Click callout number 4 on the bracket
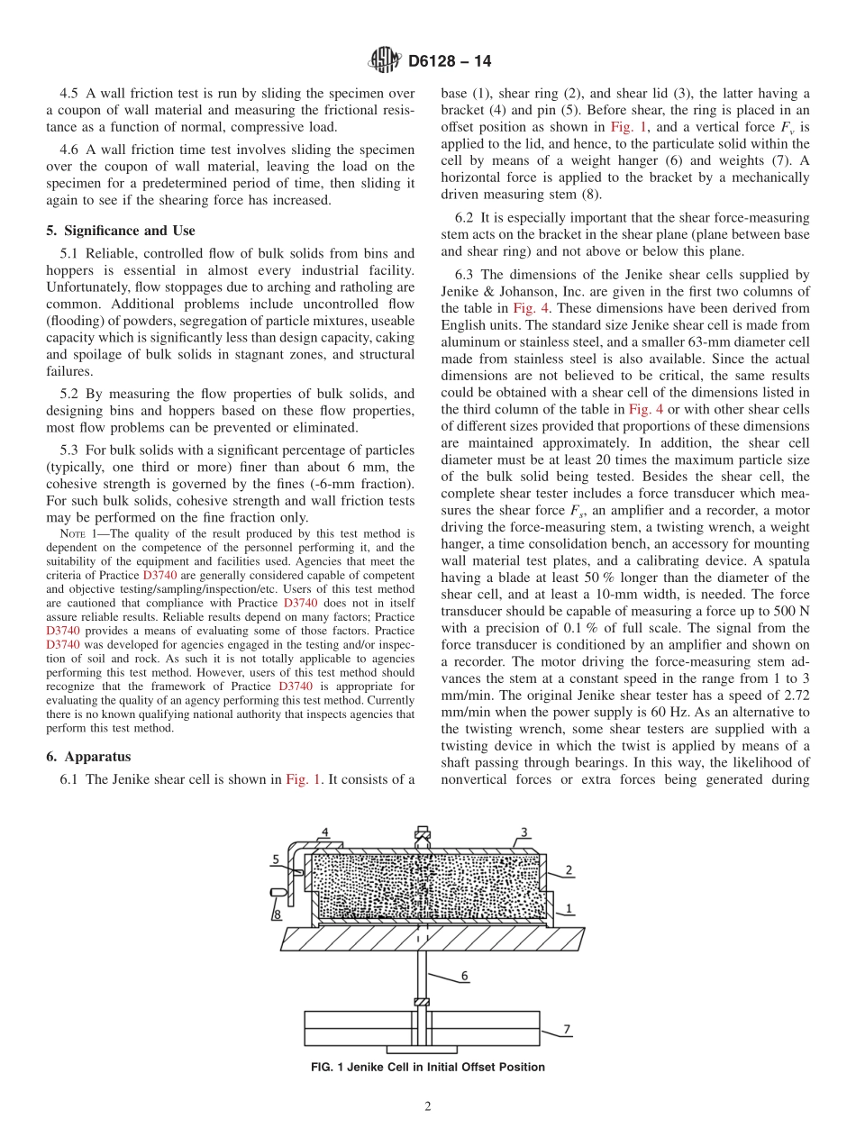coord(324,832)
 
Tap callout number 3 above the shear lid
coord(524,832)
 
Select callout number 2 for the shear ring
coord(569,869)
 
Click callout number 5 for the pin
coord(276,859)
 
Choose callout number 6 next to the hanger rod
coord(465,976)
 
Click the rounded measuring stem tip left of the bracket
coord(278,892)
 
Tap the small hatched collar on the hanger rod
coord(421,1002)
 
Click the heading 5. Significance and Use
coord(120,231)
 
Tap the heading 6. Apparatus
coord(88,757)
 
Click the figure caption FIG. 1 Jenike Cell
coord(427,1068)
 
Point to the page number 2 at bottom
coord(428,1107)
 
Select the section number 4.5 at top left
coord(69,94)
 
